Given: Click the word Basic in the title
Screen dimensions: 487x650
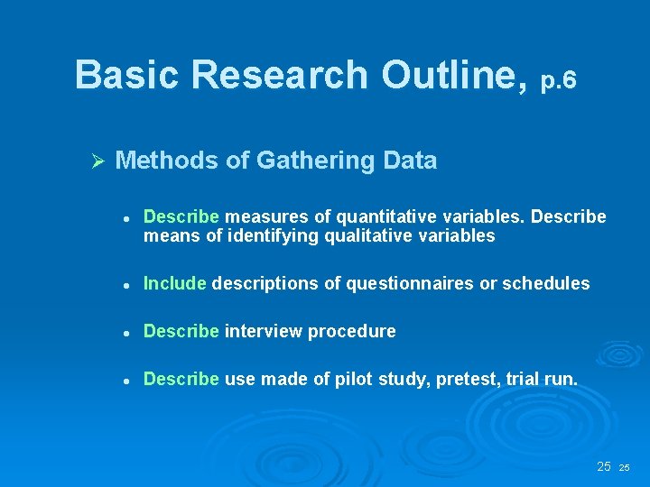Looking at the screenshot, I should (x=125, y=75).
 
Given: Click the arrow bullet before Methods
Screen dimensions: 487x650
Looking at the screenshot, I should (x=99, y=161).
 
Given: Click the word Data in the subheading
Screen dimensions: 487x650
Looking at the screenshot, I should (x=410, y=161).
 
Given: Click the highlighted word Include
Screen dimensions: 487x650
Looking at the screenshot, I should (x=174, y=283).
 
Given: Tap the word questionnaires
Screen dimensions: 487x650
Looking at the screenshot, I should (x=399, y=283).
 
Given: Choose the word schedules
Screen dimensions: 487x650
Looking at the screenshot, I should (x=545, y=283).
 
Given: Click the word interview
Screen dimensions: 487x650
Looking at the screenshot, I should (x=264, y=331).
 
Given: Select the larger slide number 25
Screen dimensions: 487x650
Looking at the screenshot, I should (x=604, y=466).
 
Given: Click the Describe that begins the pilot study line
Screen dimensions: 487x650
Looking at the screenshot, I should (x=181, y=379).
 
